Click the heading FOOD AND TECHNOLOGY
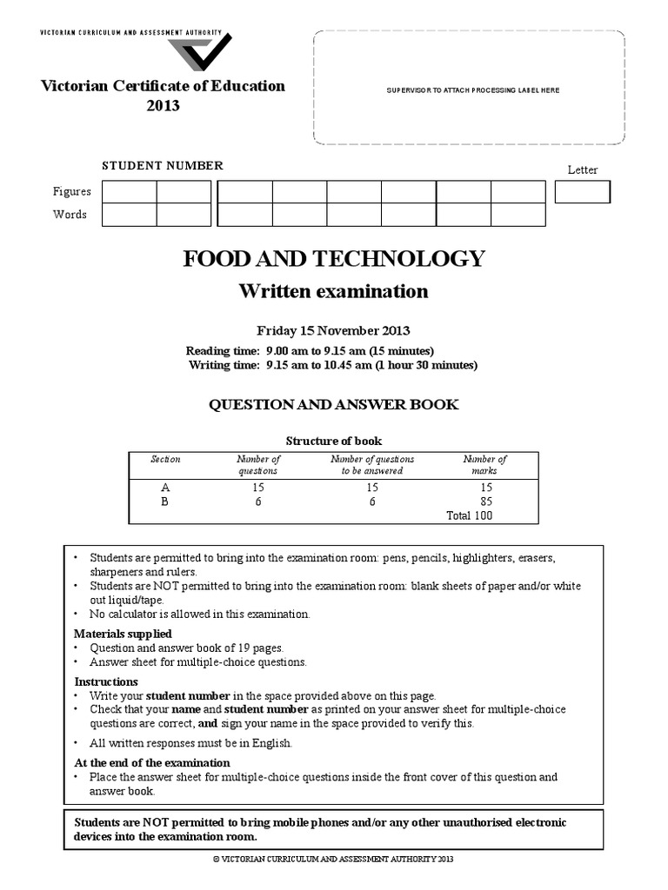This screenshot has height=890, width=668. coord(333,258)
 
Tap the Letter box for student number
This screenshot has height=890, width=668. coord(582,191)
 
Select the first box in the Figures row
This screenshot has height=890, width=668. coord(129,191)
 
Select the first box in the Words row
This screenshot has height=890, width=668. coord(129,215)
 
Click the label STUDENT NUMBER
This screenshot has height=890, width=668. coord(163,165)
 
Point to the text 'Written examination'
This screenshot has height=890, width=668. coord(333,291)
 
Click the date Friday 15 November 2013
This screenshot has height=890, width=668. coord(333,330)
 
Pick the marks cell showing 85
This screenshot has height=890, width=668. coord(484,501)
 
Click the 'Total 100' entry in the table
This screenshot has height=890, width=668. coord(470,515)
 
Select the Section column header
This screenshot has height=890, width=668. coord(165,459)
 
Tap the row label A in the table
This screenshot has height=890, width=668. coord(165,488)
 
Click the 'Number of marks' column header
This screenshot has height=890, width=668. coord(484,464)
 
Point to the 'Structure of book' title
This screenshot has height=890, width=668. coord(333,441)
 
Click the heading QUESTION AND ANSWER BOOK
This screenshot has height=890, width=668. coord(333,404)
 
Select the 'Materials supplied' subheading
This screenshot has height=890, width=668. coord(123,634)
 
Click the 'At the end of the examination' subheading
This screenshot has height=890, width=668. coord(151,762)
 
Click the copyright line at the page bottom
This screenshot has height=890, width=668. coord(333,859)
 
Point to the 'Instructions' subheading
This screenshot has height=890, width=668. coord(106,682)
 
